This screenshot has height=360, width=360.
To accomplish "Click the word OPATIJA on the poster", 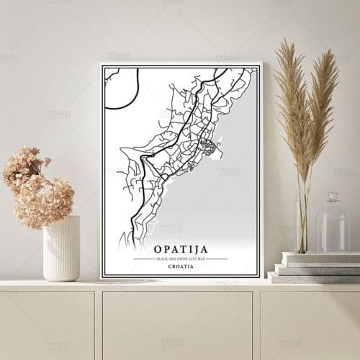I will [x=181, y=250].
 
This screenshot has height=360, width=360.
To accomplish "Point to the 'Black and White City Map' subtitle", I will [x=181, y=258].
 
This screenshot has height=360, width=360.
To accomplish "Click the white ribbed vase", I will [x=61, y=248].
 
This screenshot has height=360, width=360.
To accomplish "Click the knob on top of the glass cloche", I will [x=332, y=196].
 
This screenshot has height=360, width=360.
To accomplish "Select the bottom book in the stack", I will [x=314, y=277].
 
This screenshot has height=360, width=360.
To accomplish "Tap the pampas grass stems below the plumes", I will [x=303, y=216].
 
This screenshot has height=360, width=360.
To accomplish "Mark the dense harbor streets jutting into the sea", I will [x=210, y=148].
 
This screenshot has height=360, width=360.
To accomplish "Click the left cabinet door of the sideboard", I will [x=47, y=324].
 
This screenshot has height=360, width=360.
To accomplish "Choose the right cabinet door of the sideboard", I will [x=310, y=324].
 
